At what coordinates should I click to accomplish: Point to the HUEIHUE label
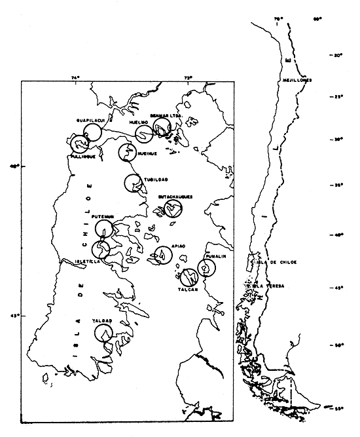[148, 153]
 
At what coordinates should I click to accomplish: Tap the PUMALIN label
[215, 257]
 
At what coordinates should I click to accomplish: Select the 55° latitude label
[339, 409]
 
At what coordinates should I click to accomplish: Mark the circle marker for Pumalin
[206, 267]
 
